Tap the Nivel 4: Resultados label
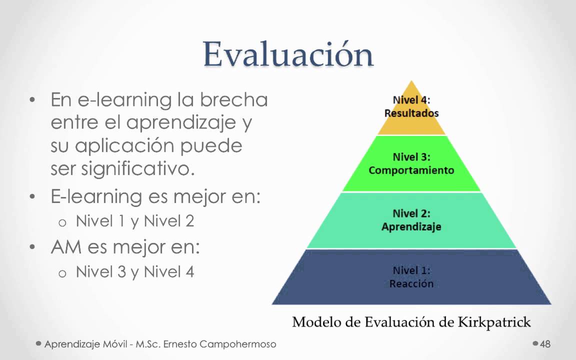(x=411, y=106)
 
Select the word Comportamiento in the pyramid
(x=411, y=170)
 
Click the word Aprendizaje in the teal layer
(x=411, y=227)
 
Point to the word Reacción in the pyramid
(x=411, y=284)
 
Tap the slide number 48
(x=545, y=344)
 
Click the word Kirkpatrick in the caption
(x=494, y=321)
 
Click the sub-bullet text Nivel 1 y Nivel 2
(x=135, y=221)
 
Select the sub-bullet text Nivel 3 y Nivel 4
(x=135, y=272)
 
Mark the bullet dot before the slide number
(x=535, y=343)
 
